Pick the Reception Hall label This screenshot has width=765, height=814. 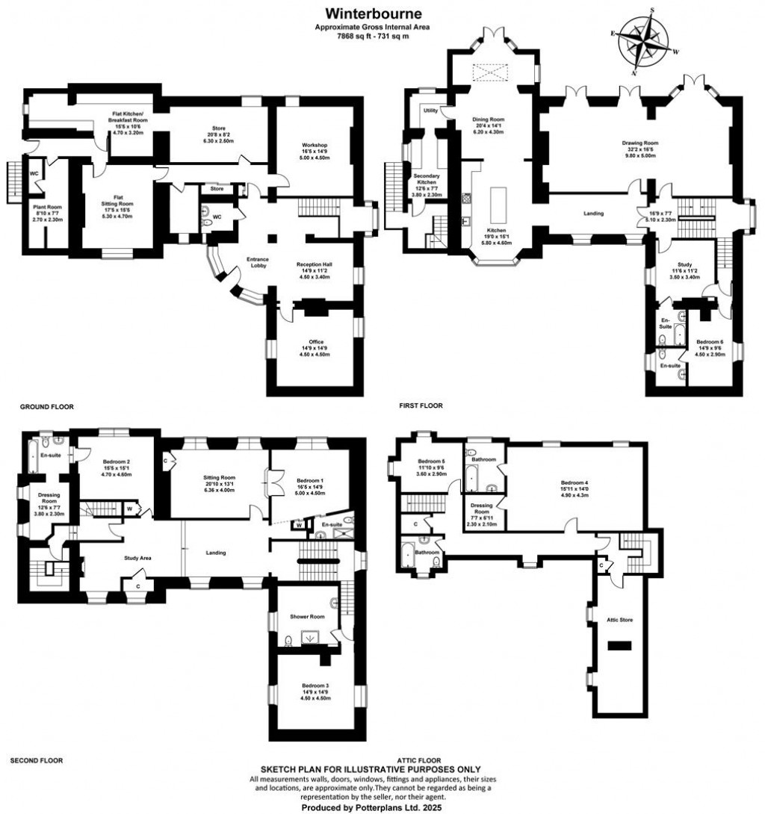(x=314, y=264)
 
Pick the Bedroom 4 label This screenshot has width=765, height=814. (x=576, y=482)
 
